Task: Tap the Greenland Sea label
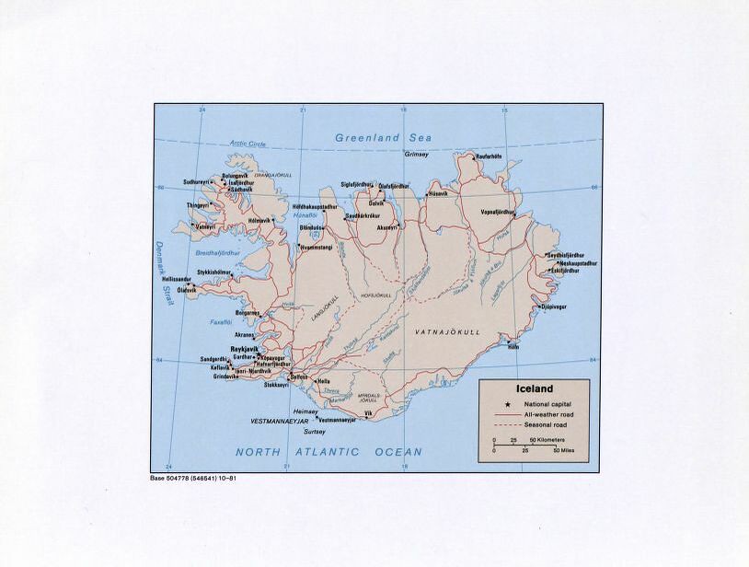[x=383, y=137]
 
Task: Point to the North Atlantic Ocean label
[x=328, y=452]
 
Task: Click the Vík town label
[x=368, y=414]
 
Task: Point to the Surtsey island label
[x=315, y=431]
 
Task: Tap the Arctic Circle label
[x=248, y=144]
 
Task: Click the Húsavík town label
[x=438, y=194]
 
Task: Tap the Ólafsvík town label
[x=187, y=289]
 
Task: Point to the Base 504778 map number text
[x=198, y=480]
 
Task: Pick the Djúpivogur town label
[x=553, y=307]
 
